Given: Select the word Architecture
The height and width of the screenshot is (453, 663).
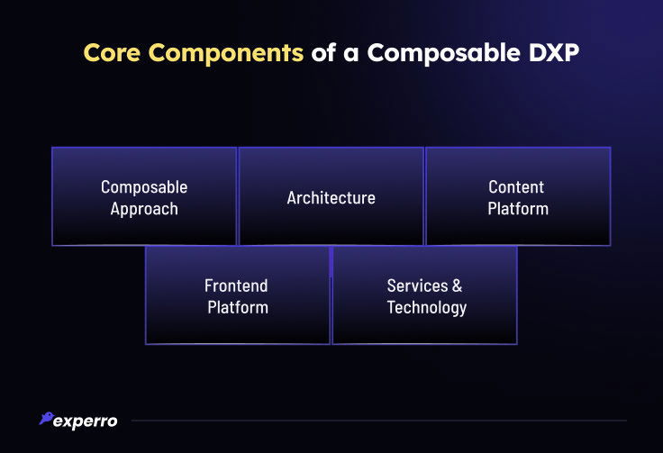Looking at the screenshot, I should pos(331,197).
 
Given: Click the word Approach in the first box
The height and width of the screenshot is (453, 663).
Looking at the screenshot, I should pos(144,209).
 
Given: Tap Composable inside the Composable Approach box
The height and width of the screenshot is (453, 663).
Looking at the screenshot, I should pos(144,187).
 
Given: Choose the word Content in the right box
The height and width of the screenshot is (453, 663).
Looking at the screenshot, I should pos(516,187).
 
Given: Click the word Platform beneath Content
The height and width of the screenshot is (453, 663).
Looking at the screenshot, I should pos(518,209).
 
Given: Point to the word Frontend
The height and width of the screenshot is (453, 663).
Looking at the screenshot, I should pos(236,285).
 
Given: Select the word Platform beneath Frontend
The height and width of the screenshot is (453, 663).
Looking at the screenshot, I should pos(238,307).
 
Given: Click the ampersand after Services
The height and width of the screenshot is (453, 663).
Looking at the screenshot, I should pos(458,285).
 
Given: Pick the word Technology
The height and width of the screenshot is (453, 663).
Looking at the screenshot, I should pos(427,307).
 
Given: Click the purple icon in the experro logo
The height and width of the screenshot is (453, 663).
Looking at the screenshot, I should pos(45,419).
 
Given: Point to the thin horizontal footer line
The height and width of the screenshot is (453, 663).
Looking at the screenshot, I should pos(378,421).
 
